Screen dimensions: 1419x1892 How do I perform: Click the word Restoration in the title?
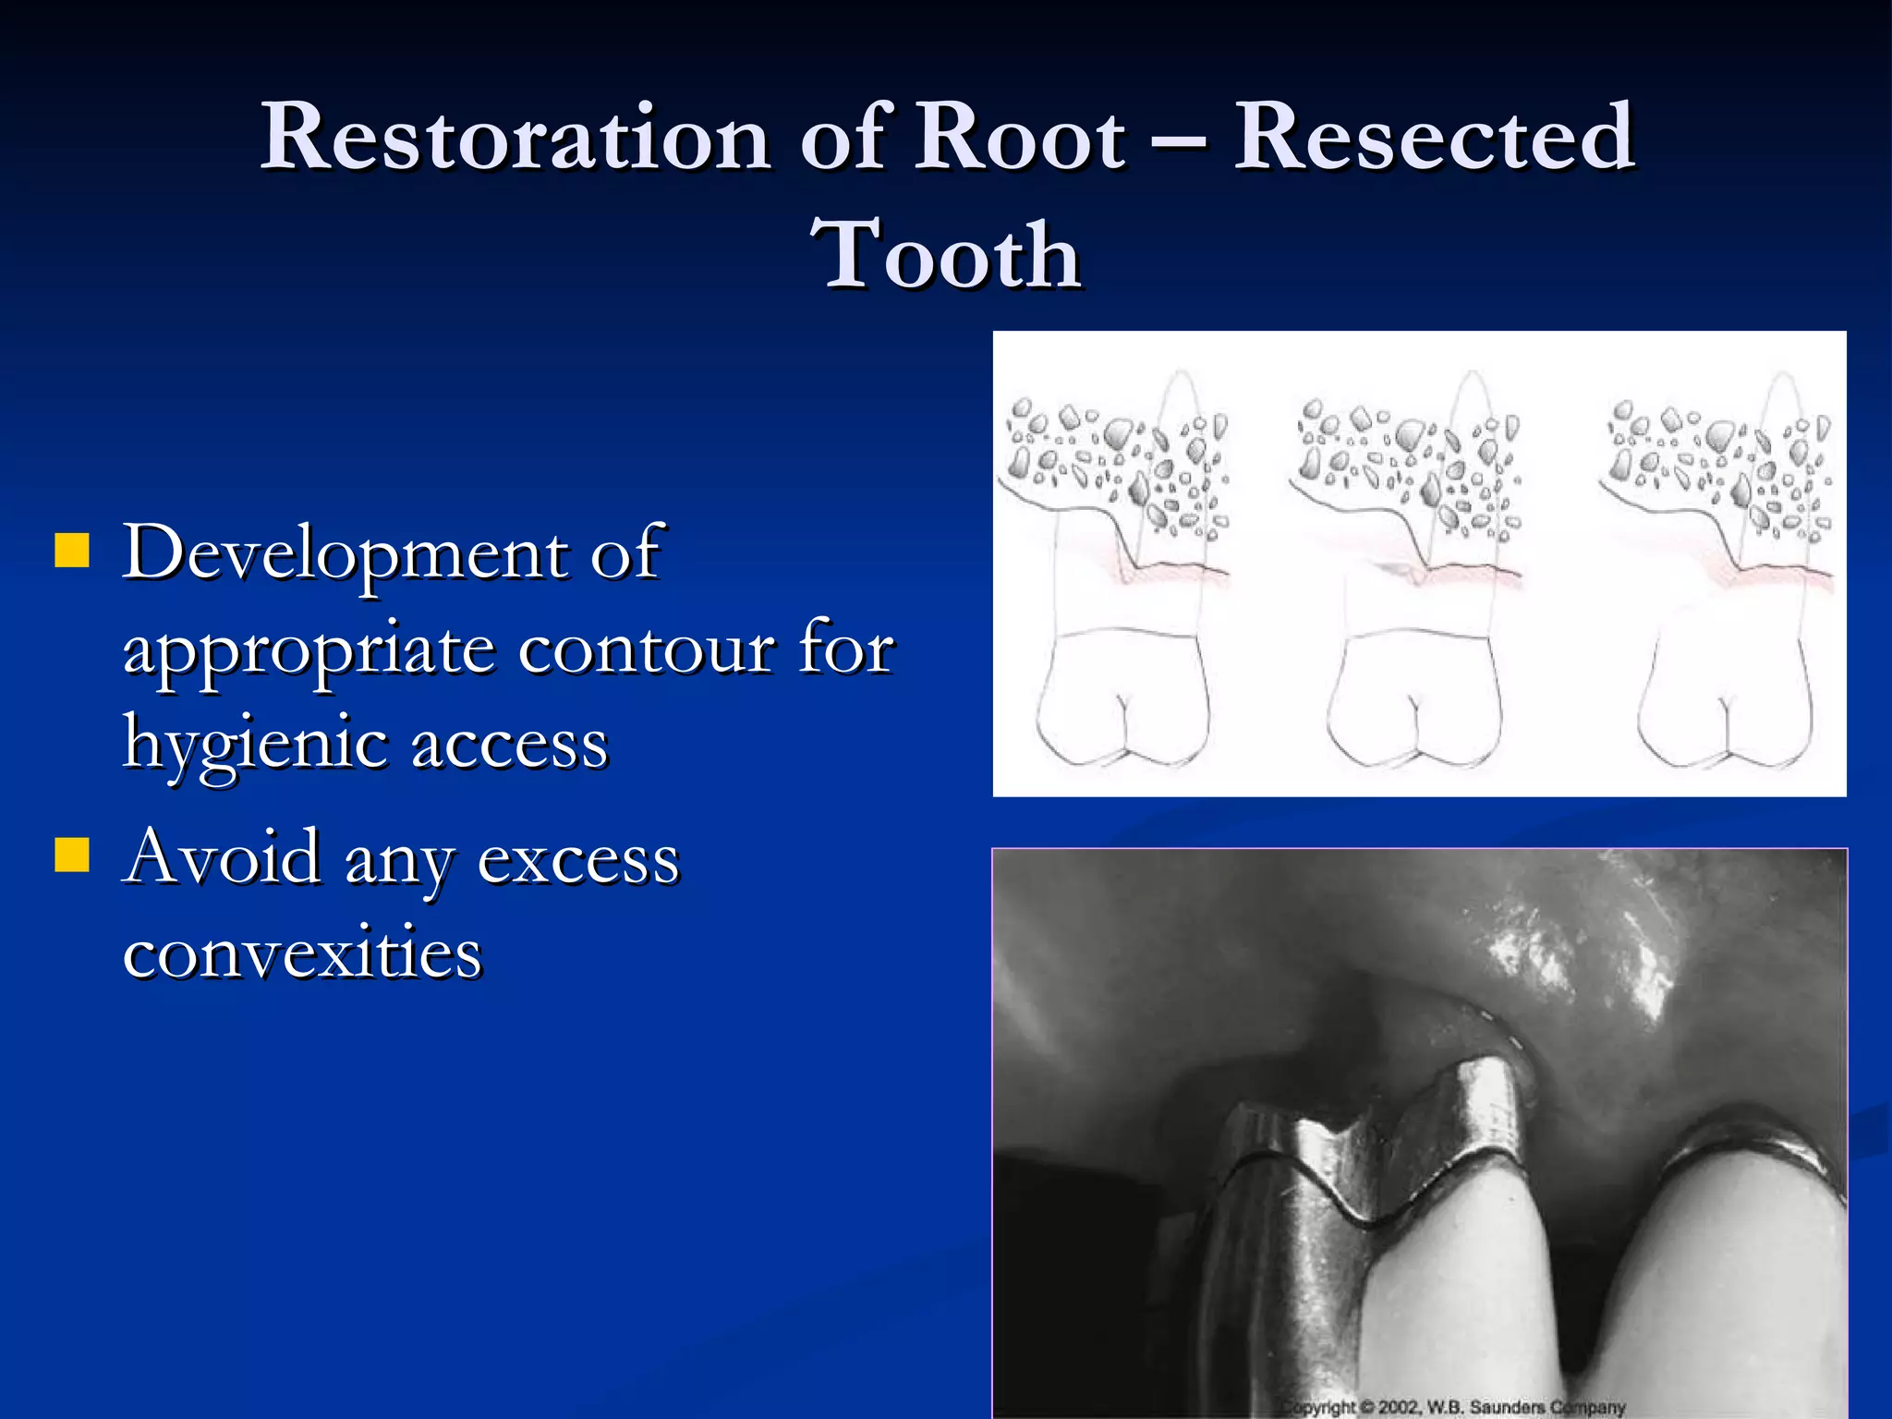[x=515, y=137]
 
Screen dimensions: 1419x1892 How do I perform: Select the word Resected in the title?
[x=1434, y=137]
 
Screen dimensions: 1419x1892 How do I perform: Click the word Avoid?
[x=223, y=857]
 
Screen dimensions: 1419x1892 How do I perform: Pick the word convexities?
[x=302, y=953]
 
